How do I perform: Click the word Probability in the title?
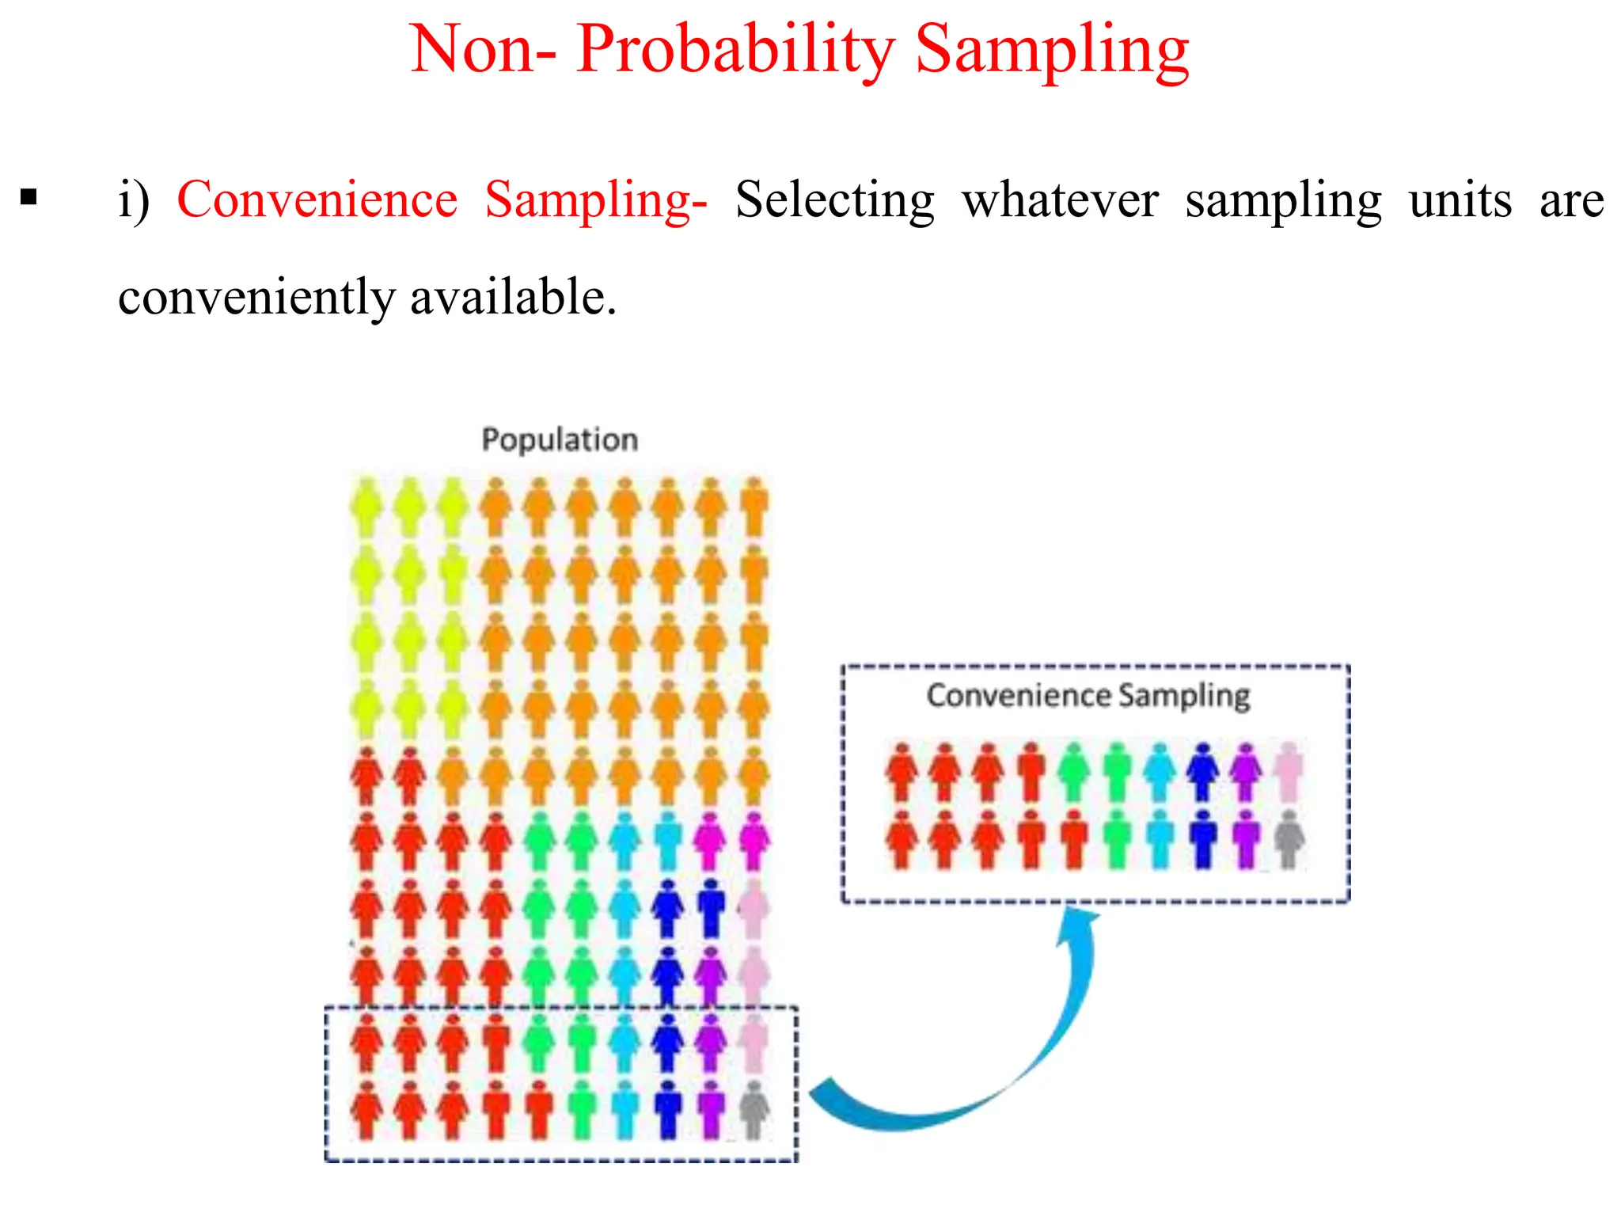(x=735, y=51)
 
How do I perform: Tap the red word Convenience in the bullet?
(x=317, y=199)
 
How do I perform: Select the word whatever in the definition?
(x=1061, y=199)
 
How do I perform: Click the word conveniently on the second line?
(x=256, y=298)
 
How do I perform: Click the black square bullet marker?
(x=29, y=197)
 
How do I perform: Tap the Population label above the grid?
(x=560, y=439)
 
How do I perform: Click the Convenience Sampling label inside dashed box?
(x=1088, y=695)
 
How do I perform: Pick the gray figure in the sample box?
(x=1289, y=839)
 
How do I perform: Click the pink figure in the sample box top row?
(x=1289, y=771)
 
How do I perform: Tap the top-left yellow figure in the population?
(x=366, y=507)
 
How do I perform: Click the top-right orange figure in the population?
(x=754, y=507)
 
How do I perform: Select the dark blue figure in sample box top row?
(x=1203, y=771)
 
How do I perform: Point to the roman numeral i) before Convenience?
(x=134, y=199)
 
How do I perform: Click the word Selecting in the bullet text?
(x=834, y=199)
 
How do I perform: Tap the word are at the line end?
(x=1571, y=199)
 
